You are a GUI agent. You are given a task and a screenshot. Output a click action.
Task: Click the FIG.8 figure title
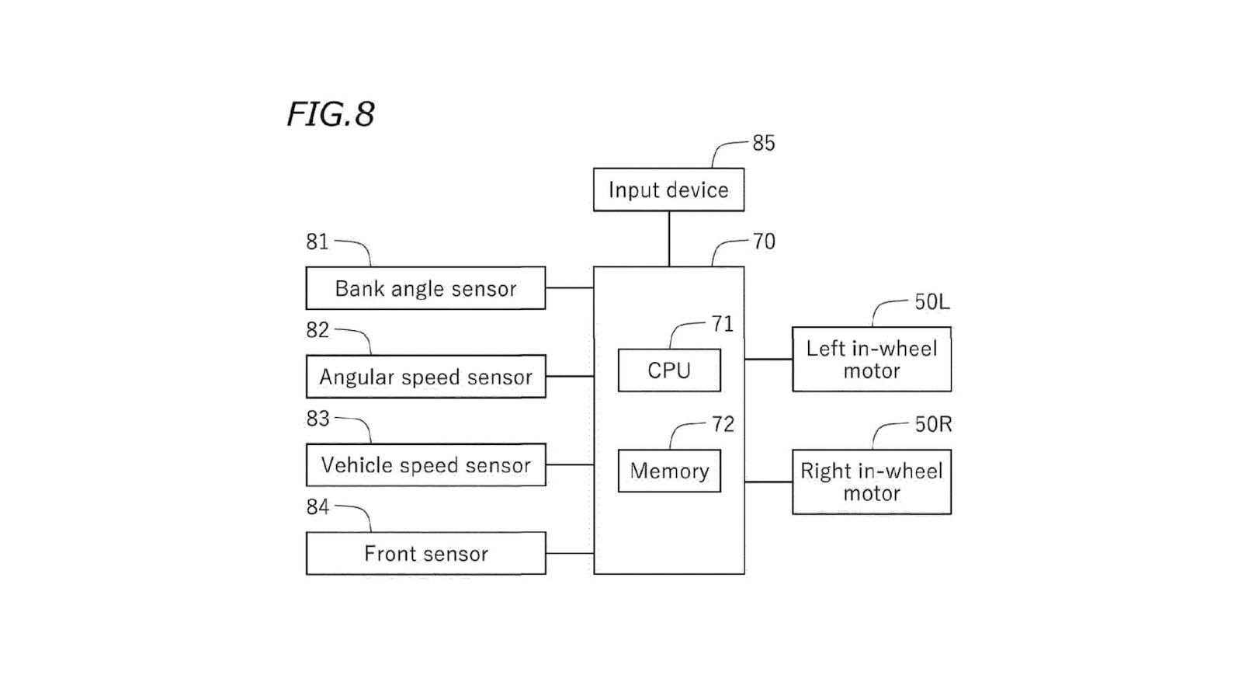pos(331,114)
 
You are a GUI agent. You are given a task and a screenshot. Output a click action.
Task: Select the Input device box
pos(668,190)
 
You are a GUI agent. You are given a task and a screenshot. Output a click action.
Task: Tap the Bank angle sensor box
pos(426,288)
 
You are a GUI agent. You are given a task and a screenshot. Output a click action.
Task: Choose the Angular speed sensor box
pos(426,377)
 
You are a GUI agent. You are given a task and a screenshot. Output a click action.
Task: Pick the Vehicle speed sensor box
pos(426,465)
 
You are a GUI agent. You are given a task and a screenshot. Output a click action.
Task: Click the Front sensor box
pos(426,554)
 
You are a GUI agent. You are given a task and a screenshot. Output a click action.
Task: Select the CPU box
pos(669,370)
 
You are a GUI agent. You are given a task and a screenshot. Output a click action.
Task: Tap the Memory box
pos(669,471)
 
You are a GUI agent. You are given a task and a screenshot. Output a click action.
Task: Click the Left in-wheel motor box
pos(872,360)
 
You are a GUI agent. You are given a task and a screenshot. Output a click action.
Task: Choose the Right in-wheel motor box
pos(872,482)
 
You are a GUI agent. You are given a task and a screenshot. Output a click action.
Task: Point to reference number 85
pos(764,143)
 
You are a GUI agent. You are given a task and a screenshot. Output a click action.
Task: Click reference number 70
pos(764,242)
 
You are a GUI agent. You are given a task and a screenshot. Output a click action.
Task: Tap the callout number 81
pos(317,242)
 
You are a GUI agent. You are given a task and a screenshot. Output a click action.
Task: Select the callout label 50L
pos(932,302)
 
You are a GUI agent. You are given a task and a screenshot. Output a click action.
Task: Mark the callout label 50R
pos(933,425)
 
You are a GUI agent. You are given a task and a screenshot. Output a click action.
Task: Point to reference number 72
pos(723,424)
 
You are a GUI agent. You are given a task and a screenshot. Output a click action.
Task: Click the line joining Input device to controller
pos(669,239)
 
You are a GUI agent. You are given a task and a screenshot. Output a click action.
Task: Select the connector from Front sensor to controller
pos(570,553)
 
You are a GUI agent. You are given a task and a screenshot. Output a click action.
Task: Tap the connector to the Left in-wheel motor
pos(768,360)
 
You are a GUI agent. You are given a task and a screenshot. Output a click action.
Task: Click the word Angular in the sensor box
pos(356,377)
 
